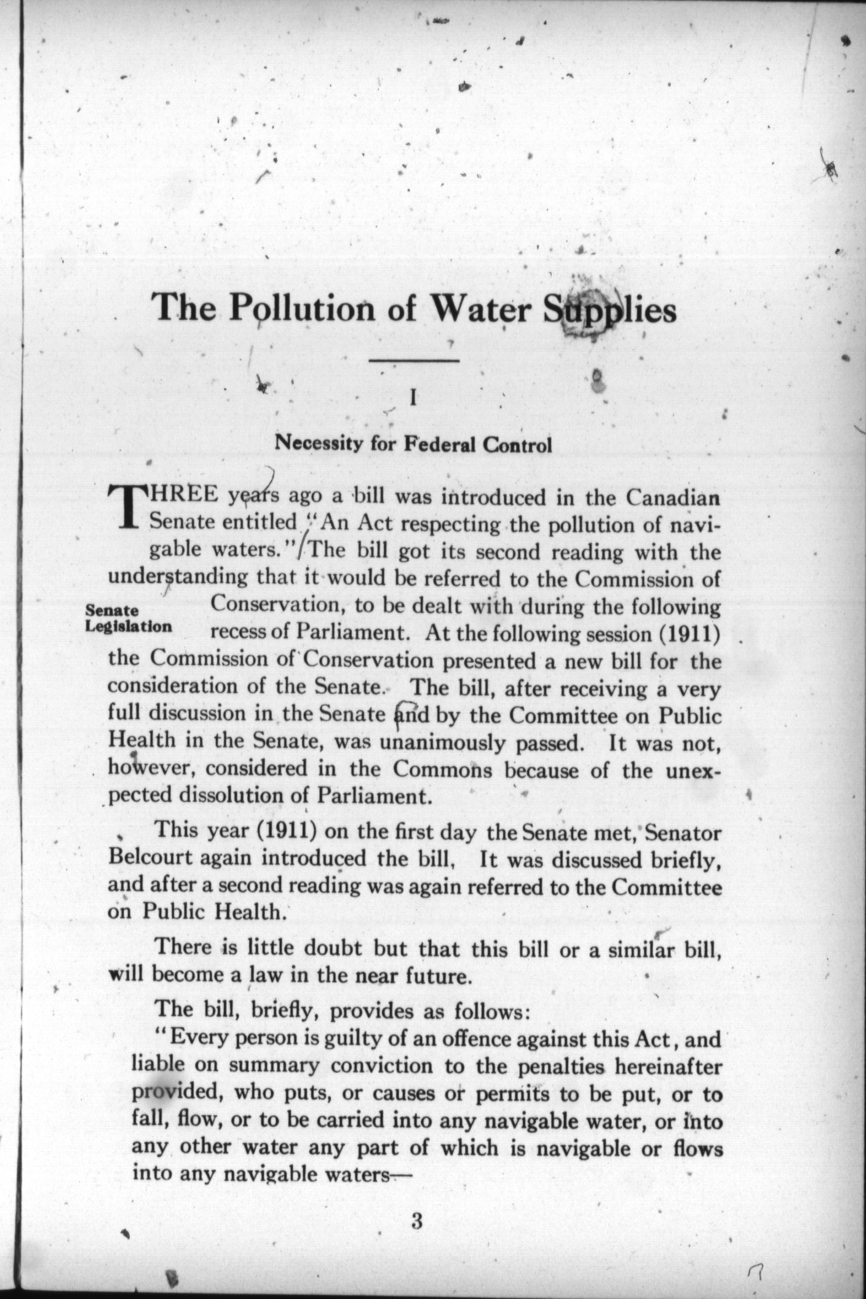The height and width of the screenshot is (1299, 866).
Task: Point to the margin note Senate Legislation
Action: click(x=128, y=619)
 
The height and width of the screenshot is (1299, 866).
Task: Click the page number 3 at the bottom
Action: click(x=416, y=1221)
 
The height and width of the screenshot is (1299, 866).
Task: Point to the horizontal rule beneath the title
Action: click(x=414, y=360)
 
